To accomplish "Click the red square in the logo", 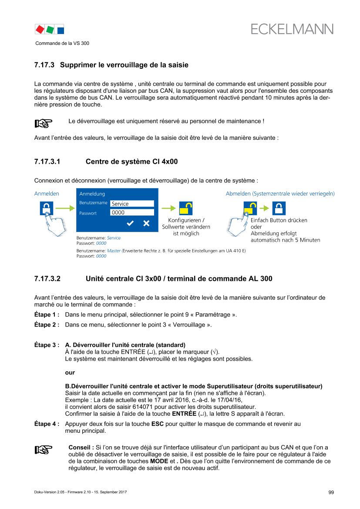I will pos(40,30).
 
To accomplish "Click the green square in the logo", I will pos(50,30).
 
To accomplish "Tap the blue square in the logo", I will pos(61,30).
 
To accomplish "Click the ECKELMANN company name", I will pos(292,29).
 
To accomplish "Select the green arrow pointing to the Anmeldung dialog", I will pos(64,209).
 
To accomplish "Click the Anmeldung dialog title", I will pos(92,194).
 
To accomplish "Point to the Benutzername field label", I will pos(93,203).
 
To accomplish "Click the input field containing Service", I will pos(132,203).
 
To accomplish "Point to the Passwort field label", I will pos(88,213).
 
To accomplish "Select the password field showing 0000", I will pos(132,212).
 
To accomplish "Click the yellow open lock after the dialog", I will pos(186,209).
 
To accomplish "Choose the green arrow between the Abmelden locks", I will pos(264,209).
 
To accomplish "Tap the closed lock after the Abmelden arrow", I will pos(279,209).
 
